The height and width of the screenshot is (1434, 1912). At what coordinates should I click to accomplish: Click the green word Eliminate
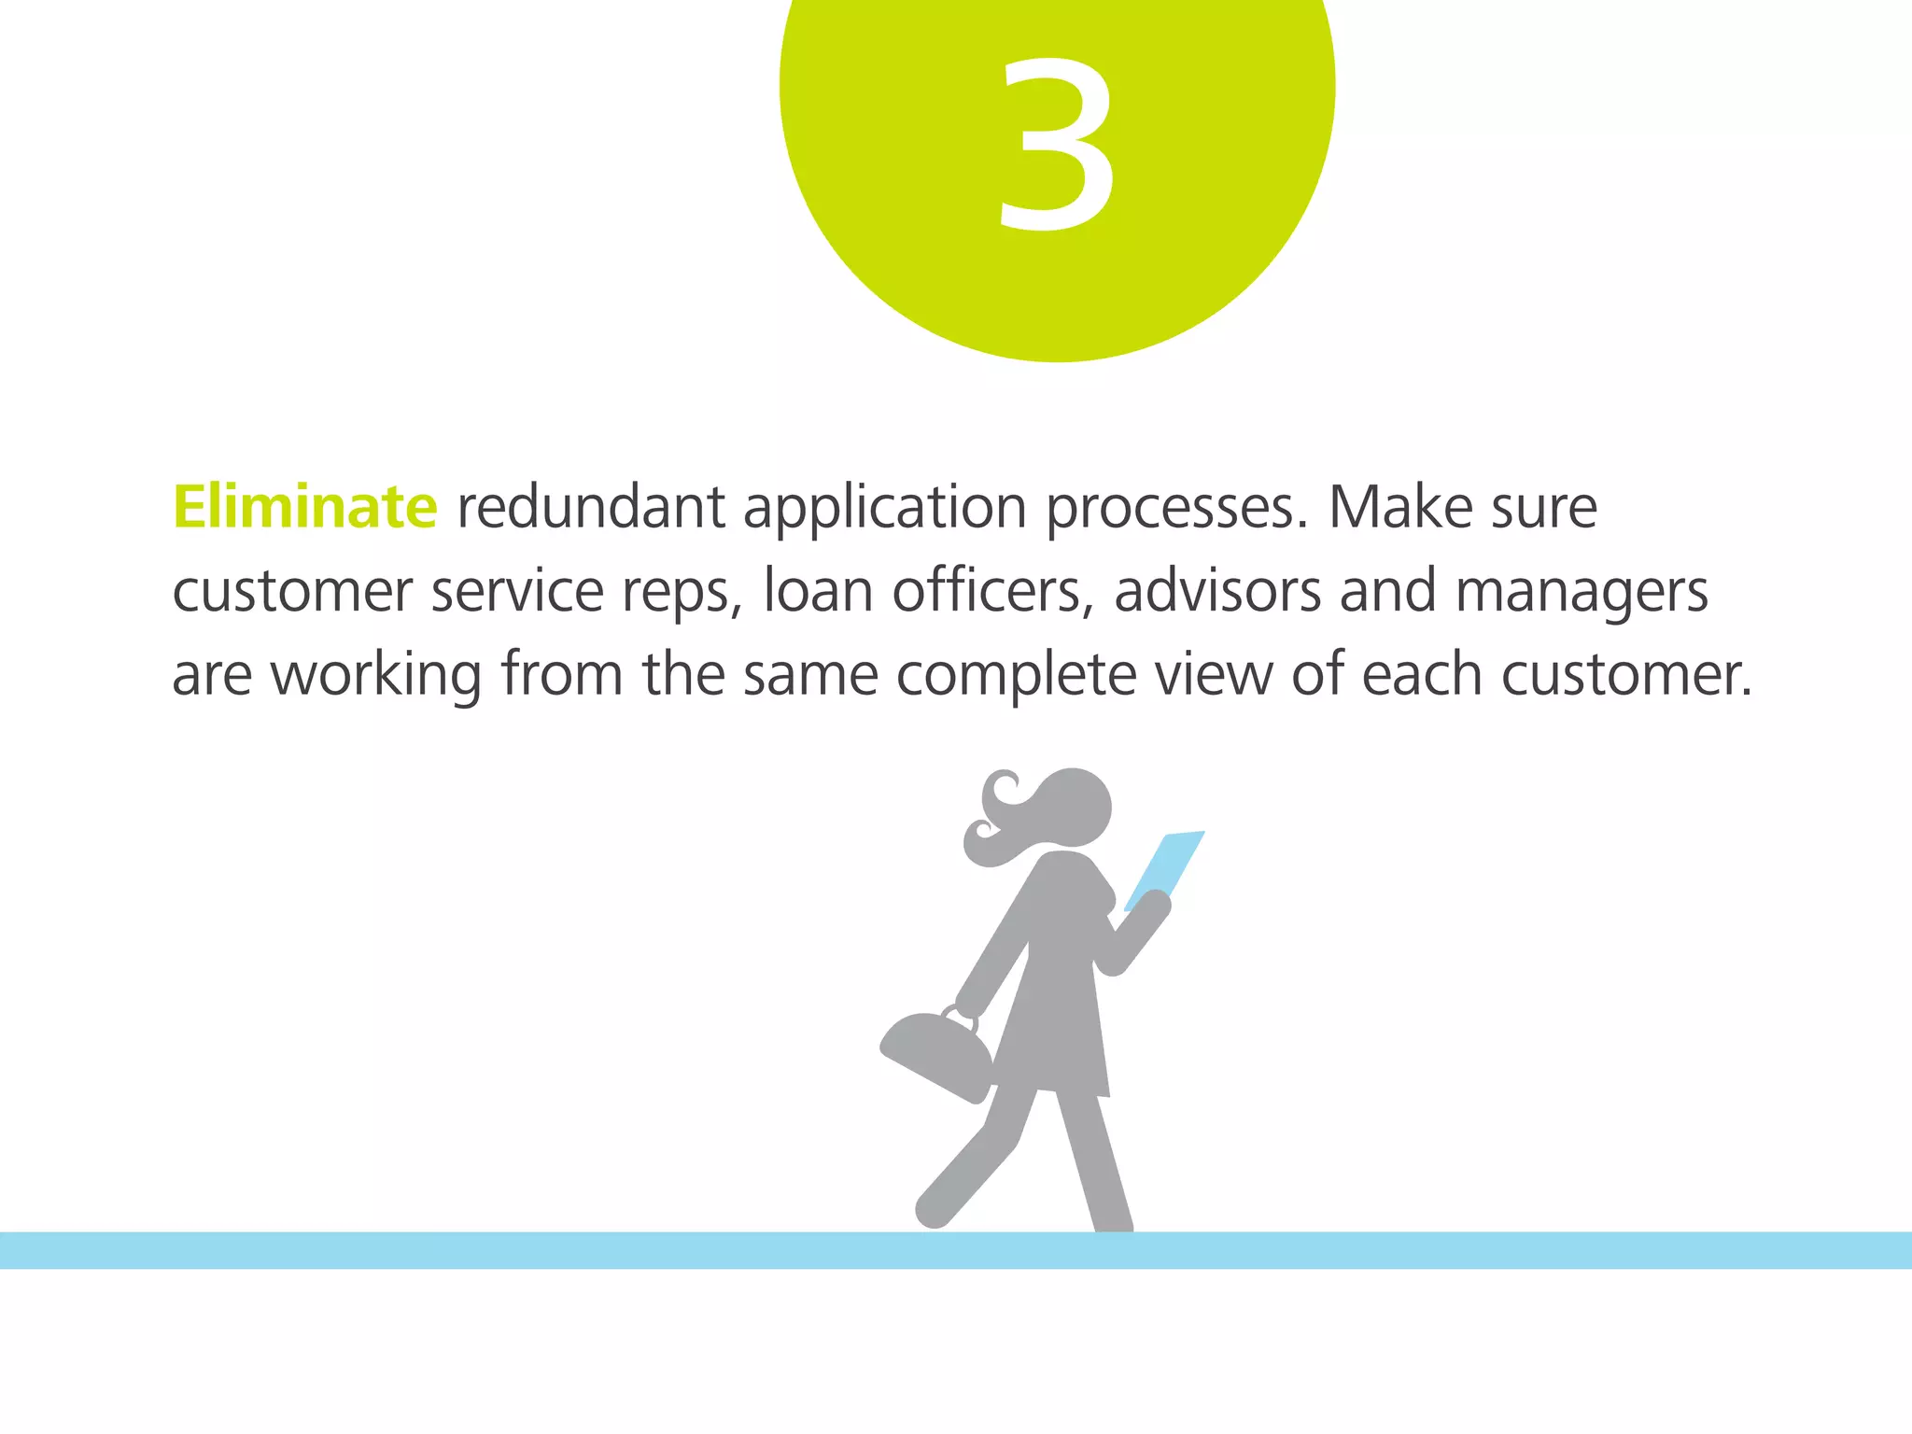tap(304, 507)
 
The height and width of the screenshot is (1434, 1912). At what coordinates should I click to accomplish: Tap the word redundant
tap(590, 507)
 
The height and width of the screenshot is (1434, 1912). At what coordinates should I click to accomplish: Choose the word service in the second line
tap(517, 592)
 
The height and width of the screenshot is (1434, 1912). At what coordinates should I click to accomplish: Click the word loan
tap(818, 591)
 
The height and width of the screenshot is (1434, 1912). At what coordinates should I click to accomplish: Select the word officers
tap(992, 591)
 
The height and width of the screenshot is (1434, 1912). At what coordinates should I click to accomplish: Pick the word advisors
tap(1217, 591)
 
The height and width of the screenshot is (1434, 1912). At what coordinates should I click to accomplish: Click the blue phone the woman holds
tap(1165, 868)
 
